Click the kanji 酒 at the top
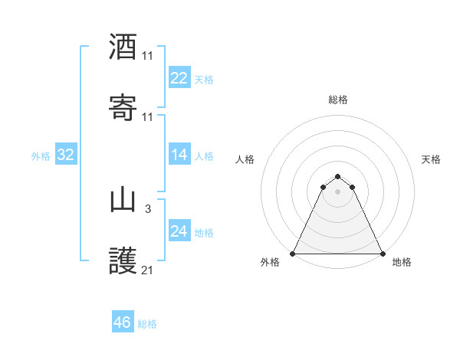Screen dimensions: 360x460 123,47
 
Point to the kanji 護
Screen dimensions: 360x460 123,261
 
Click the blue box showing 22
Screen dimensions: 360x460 179,78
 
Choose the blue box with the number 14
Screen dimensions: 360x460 179,155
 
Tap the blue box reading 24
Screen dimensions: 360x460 179,231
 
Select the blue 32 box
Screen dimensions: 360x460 66,155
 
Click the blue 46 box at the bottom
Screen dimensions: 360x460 122,322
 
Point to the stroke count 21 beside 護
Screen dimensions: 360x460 148,270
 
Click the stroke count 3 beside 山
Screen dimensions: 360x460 148,209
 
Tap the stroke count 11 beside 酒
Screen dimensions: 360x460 148,56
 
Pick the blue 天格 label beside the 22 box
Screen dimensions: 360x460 204,79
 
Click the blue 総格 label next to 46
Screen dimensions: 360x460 147,324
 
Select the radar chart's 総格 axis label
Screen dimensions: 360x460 338,100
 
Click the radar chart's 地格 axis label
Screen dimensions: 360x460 402,262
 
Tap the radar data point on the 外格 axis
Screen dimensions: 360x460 294,253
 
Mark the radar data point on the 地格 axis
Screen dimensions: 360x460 383,253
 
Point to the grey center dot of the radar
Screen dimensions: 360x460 338,191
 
